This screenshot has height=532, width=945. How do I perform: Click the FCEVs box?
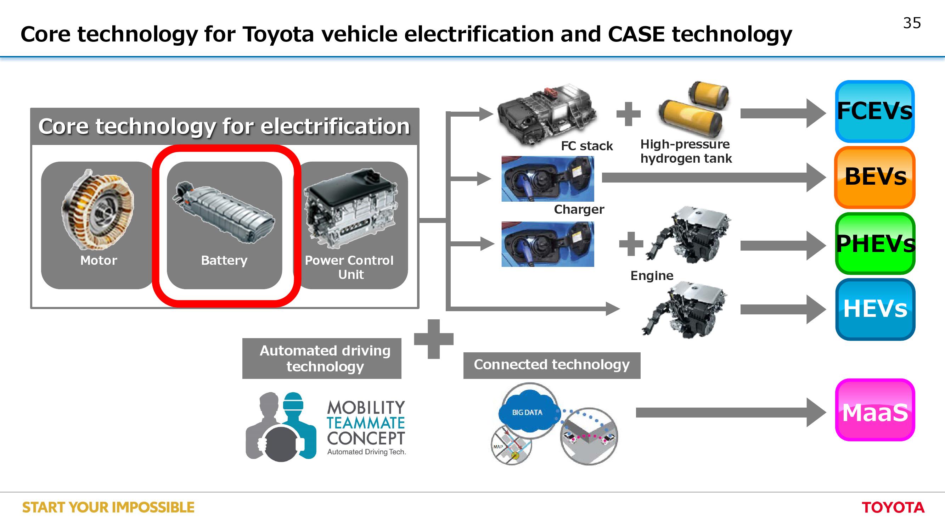coord(874,111)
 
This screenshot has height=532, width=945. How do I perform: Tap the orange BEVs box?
coord(874,177)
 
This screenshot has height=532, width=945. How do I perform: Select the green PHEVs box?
coord(875,243)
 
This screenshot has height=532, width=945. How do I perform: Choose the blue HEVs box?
coord(875,309)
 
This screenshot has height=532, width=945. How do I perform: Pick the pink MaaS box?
coord(875,410)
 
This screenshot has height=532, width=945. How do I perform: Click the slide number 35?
coord(912,23)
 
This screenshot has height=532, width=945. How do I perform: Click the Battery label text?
coord(224,261)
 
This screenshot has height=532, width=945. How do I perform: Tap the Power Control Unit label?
coord(349,267)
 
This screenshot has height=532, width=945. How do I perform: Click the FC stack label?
coord(586,146)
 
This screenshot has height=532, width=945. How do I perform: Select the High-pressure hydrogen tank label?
coord(686,151)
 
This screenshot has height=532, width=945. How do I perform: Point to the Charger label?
coord(579,209)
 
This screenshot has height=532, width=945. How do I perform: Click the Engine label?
coord(652,275)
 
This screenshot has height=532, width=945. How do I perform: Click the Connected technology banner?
coord(552,365)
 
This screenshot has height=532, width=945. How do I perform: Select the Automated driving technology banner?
coord(322,358)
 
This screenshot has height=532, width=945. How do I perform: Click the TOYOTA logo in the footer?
coord(893,508)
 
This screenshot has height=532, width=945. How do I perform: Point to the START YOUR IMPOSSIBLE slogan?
coord(108,508)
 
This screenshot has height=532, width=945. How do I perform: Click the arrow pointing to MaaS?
coord(731,413)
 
